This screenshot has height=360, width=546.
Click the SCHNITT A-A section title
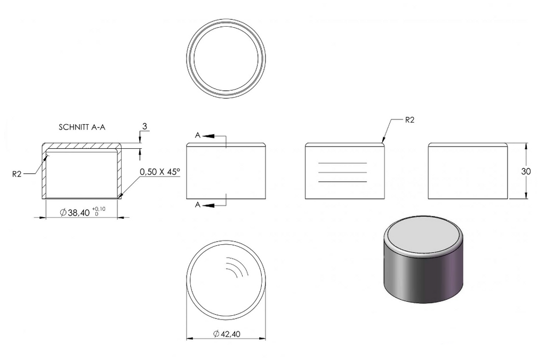click(82, 127)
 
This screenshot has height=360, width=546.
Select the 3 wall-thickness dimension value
click(144, 126)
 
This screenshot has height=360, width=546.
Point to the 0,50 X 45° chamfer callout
click(160, 172)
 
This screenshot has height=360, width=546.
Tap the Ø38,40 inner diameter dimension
click(75, 212)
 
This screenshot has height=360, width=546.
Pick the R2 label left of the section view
click(17, 174)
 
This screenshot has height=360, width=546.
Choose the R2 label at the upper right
click(410, 120)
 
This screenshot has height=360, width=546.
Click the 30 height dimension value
click(526, 171)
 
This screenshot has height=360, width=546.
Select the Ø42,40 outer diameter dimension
click(227, 334)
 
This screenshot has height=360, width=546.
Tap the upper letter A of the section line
click(197, 135)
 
